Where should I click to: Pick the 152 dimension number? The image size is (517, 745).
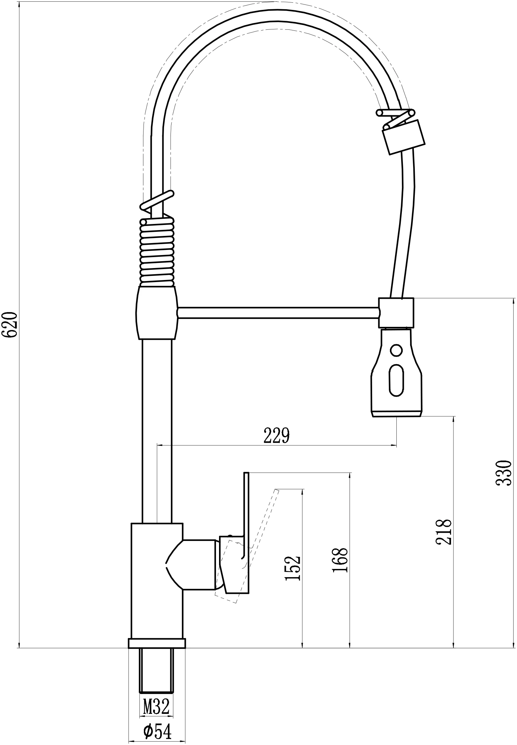(292, 568)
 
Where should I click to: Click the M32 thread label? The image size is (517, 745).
(156, 706)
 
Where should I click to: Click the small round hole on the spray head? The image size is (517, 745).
(396, 350)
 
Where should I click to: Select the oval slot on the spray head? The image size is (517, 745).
(396, 380)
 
